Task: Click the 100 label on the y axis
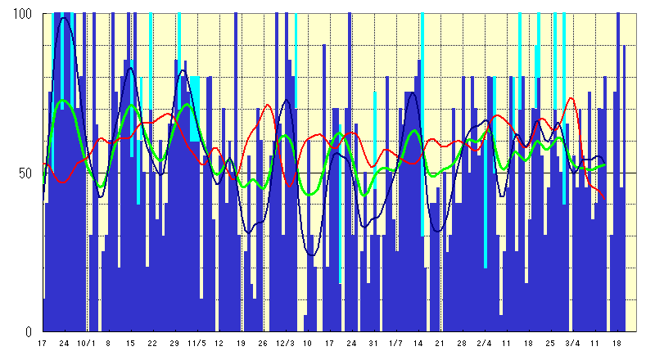(21, 14)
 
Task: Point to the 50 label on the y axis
(25, 173)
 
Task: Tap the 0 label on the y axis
(28, 331)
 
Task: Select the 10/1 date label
(86, 344)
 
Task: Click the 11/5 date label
(196, 344)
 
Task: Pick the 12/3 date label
(286, 344)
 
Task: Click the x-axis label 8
(108, 344)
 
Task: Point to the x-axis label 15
(130, 344)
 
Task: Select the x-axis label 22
(152, 344)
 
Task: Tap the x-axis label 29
(174, 344)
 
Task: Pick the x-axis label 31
(374, 344)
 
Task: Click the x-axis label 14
(418, 344)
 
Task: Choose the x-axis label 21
(440, 344)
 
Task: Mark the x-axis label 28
(463, 344)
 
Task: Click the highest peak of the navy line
(64, 18)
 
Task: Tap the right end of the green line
(606, 164)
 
